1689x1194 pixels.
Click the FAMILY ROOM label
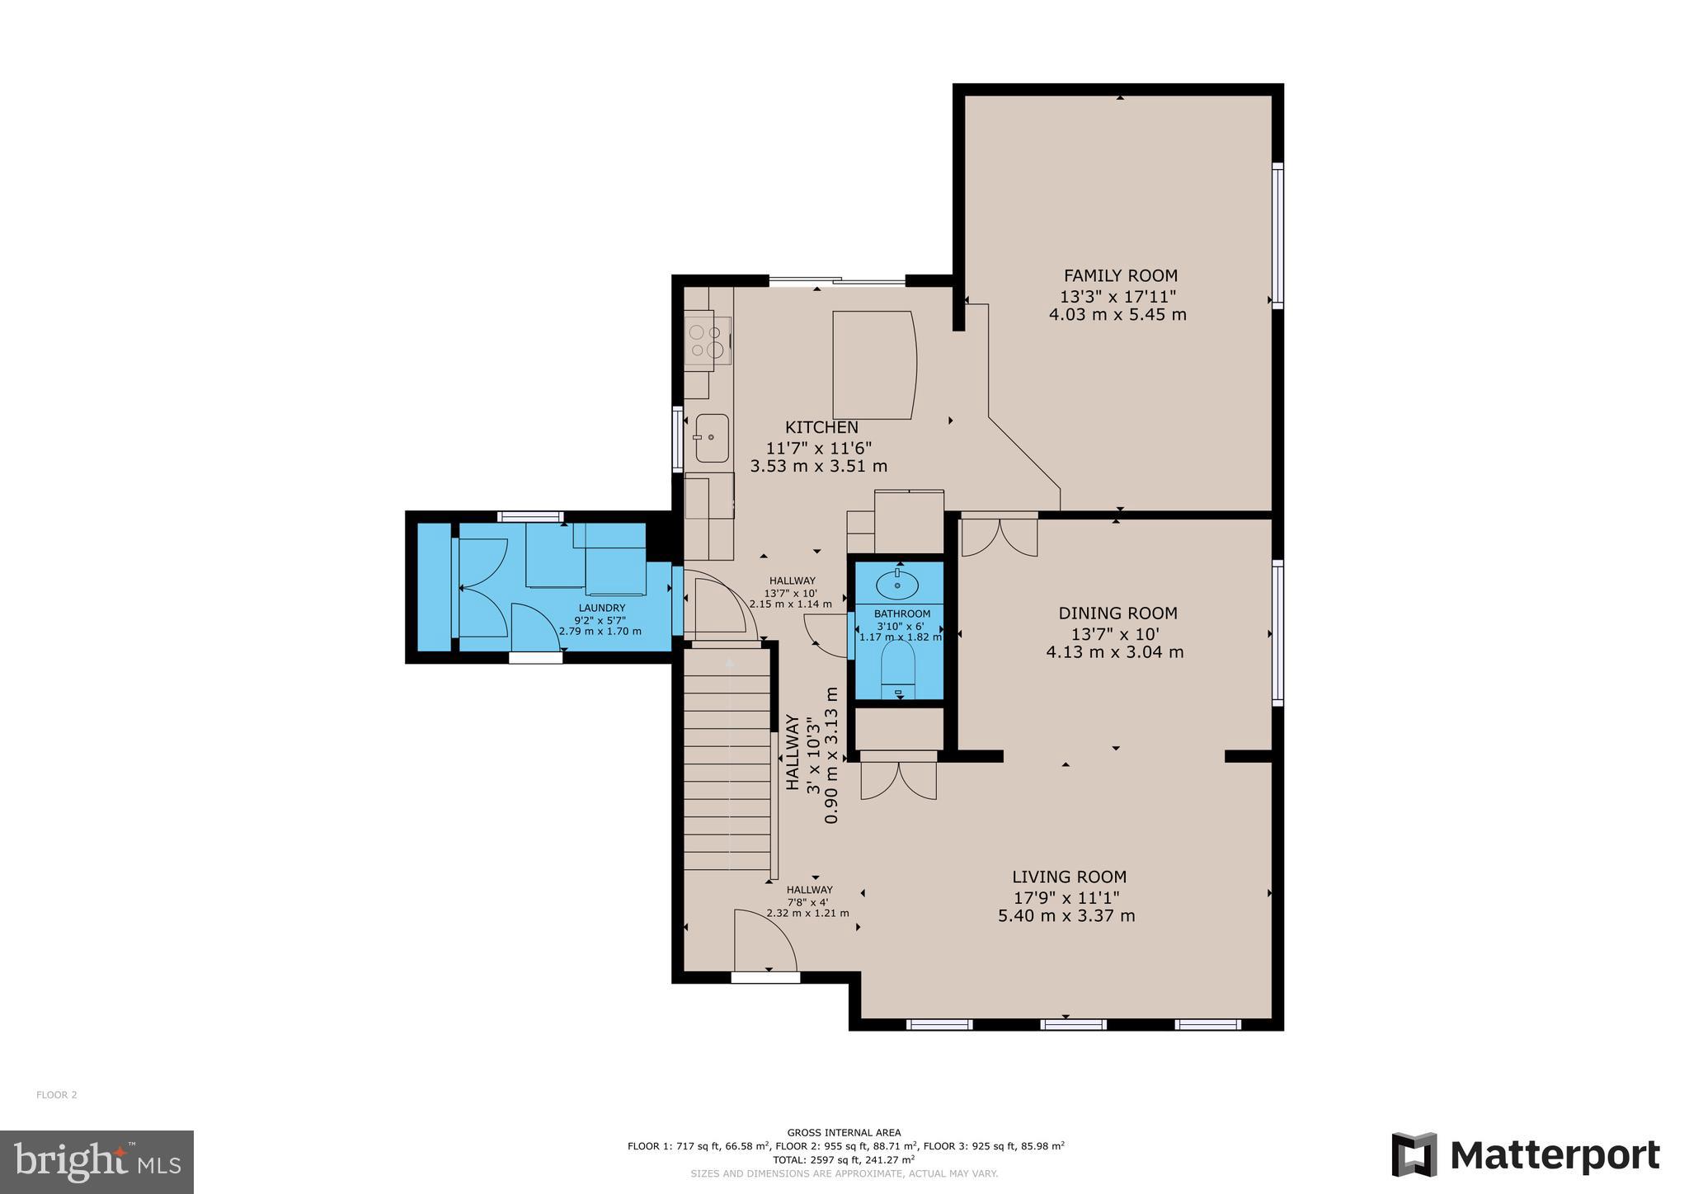[x=1120, y=276]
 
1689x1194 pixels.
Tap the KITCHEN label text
[x=821, y=427]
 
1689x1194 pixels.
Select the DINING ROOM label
[x=1117, y=613]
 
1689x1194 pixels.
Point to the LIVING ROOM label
[x=1069, y=877]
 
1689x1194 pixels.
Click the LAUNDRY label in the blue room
[x=601, y=608]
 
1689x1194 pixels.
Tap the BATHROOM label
[x=902, y=613]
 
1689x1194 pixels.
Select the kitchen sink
[x=712, y=438]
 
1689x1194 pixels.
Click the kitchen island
[x=873, y=364]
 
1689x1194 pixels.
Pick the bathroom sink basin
[x=896, y=585]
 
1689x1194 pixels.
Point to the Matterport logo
[x=1526, y=1155]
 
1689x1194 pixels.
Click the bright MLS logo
[x=97, y=1162]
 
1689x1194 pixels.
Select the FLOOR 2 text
[x=57, y=1095]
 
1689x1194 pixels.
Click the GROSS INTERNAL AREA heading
[x=844, y=1133]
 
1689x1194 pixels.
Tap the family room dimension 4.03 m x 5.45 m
[x=1117, y=314]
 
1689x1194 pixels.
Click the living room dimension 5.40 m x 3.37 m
[x=1066, y=915]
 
